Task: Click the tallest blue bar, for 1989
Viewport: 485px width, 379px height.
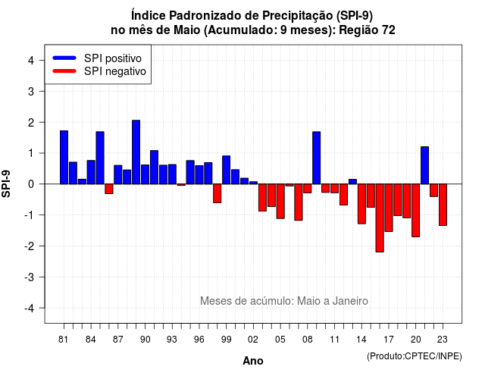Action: [x=136, y=152]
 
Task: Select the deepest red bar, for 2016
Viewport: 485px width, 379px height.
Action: [x=380, y=218]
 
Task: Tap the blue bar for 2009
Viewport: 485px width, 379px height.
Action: [x=317, y=158]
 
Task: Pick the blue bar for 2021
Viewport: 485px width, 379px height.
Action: [x=425, y=165]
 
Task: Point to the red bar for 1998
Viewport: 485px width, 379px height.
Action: [x=217, y=193]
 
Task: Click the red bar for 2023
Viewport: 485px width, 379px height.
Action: [x=443, y=205]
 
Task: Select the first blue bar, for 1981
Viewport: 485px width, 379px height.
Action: [x=64, y=157]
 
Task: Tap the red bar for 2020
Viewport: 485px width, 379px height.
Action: [x=416, y=211]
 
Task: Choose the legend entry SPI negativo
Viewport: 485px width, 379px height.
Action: [x=99, y=71]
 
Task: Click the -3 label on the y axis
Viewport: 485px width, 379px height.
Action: [x=29, y=277]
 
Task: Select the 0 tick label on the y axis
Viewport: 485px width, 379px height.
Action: [x=31, y=184]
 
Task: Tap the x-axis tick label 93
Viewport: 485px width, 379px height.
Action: [x=172, y=340]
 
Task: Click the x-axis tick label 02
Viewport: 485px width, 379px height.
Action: [x=253, y=340]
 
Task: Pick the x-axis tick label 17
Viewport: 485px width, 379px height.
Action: [x=389, y=340]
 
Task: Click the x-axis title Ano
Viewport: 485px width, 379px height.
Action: [x=253, y=361]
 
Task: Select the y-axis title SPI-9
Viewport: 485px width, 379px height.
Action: [x=6, y=183]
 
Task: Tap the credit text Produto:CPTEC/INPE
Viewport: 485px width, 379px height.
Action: [x=415, y=356]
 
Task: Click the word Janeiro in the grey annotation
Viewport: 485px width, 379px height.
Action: [x=350, y=301]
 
